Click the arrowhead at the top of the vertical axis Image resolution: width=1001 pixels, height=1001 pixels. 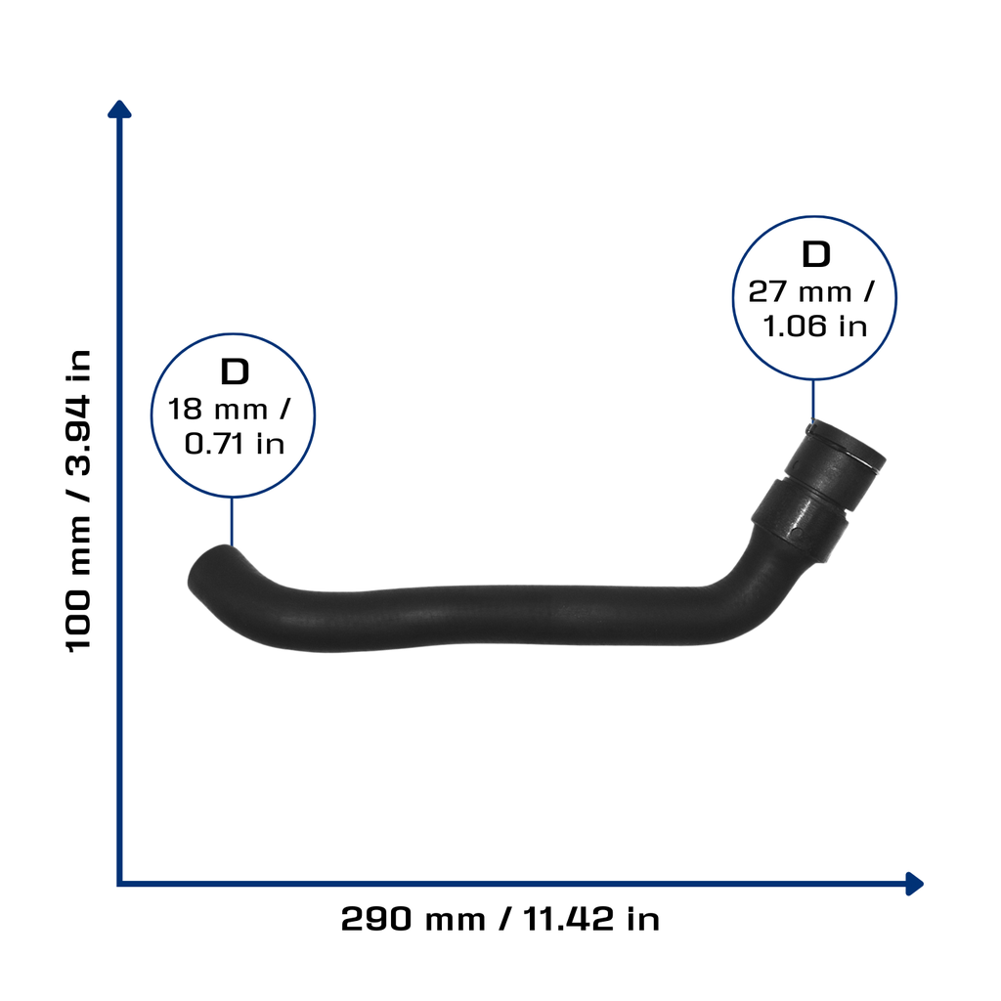119,109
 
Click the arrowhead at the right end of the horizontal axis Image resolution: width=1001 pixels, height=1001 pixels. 914,884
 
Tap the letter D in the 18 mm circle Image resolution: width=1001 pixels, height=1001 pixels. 235,371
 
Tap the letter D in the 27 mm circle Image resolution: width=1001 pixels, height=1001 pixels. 816,254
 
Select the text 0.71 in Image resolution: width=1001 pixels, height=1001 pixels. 235,444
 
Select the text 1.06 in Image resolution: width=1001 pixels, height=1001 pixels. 815,326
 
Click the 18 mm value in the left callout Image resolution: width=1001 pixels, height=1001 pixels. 218,410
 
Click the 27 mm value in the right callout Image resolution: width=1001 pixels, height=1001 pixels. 800,291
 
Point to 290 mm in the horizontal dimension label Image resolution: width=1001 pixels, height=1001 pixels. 413,919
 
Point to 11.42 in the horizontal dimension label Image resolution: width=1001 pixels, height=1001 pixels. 569,919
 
